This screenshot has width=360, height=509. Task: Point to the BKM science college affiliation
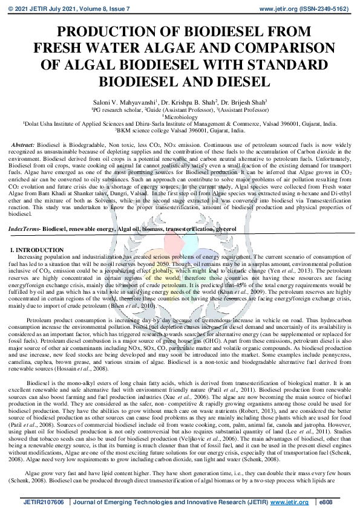click(x=180, y=129)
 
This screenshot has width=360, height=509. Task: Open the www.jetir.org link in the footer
click(x=292, y=502)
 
